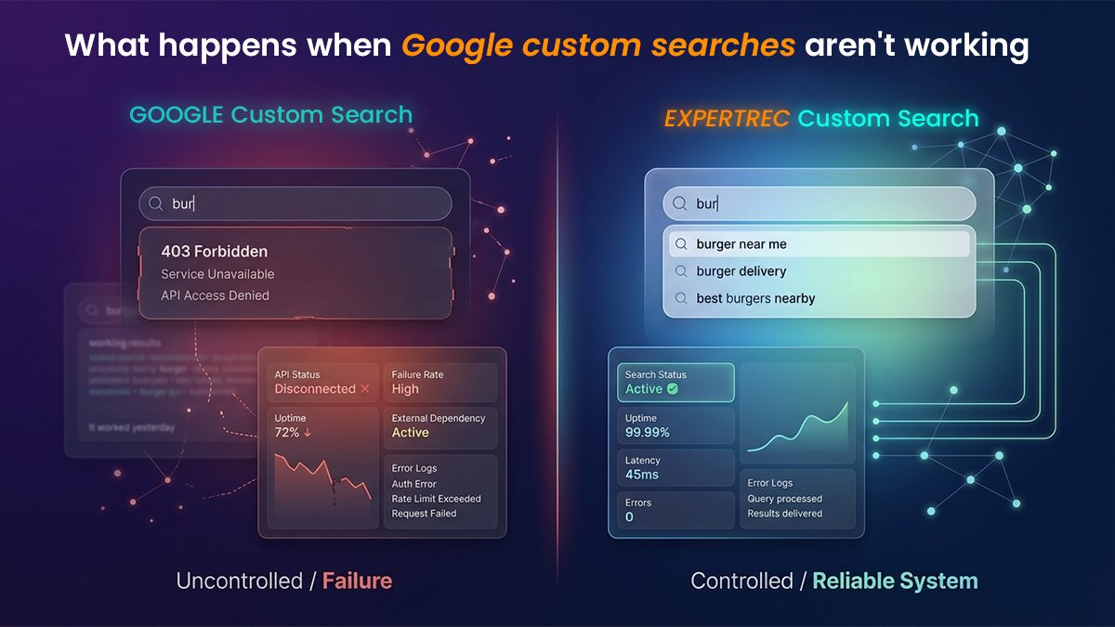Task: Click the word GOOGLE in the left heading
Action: click(177, 115)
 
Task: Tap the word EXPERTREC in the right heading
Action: click(728, 119)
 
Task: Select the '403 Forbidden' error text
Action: click(214, 251)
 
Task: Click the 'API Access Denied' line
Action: click(215, 295)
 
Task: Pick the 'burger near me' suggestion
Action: click(741, 244)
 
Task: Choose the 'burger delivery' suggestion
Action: click(741, 271)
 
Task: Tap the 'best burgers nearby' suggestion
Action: click(755, 298)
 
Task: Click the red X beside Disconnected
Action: click(365, 388)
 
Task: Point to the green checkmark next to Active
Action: click(673, 389)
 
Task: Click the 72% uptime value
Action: click(287, 433)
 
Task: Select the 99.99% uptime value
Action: click(647, 433)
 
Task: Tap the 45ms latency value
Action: click(641, 476)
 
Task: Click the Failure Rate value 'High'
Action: click(405, 389)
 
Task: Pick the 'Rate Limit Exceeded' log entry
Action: click(436, 499)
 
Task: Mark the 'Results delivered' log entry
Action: click(784, 514)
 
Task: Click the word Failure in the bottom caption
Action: click(357, 581)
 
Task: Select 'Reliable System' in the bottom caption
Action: click(895, 581)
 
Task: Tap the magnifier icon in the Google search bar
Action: click(156, 203)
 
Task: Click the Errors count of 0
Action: click(629, 517)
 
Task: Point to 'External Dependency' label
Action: click(438, 418)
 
